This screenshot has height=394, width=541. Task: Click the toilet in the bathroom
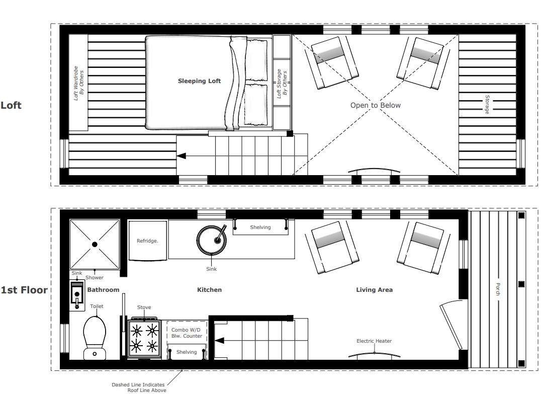pyautogui.click(x=95, y=335)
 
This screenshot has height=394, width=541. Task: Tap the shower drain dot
pyautogui.click(x=95, y=245)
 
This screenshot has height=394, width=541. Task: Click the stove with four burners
pyautogui.click(x=144, y=338)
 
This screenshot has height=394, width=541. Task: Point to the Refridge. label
pyautogui.click(x=147, y=241)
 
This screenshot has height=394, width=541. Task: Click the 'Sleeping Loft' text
pyautogui.click(x=199, y=81)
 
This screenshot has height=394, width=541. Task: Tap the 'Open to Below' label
pyautogui.click(x=376, y=105)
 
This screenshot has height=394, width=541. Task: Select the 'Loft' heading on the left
pyautogui.click(x=11, y=105)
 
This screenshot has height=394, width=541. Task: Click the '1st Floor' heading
pyautogui.click(x=24, y=290)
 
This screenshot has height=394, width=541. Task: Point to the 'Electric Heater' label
pyautogui.click(x=374, y=341)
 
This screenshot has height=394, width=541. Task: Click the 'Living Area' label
pyautogui.click(x=374, y=290)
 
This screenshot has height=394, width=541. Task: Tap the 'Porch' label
pyautogui.click(x=498, y=289)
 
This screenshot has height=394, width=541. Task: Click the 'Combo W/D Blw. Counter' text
pyautogui.click(x=187, y=333)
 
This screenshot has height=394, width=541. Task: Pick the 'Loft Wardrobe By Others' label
pyautogui.click(x=79, y=83)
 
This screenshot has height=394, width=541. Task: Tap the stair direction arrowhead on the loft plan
pyautogui.click(x=182, y=156)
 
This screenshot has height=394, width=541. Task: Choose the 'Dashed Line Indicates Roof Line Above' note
pyautogui.click(x=138, y=387)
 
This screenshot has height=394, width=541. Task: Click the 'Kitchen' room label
pyautogui.click(x=209, y=290)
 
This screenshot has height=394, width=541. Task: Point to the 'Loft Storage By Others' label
pyautogui.click(x=282, y=83)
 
